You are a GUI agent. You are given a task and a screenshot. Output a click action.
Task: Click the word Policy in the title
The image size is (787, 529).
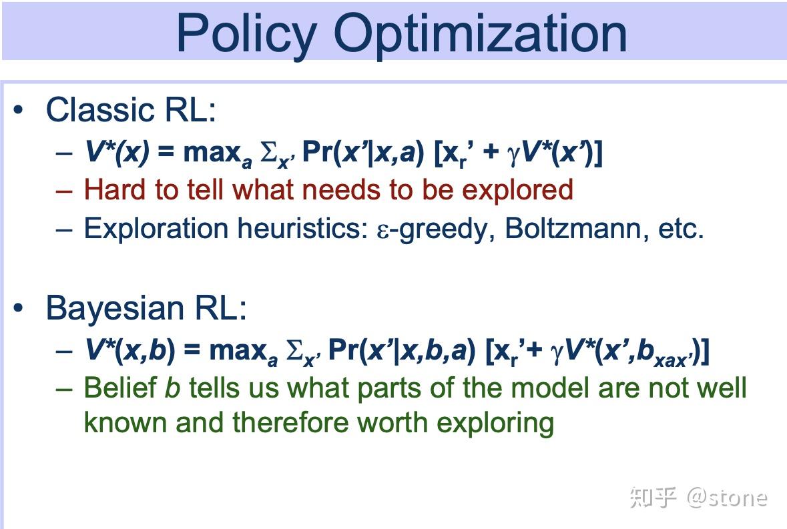tap(247, 33)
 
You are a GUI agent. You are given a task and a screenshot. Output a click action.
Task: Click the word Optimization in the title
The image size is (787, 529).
tap(481, 33)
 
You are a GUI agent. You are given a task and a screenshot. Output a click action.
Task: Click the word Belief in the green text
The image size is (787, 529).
tap(120, 388)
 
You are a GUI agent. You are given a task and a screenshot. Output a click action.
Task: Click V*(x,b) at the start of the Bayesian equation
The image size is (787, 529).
tap(129, 350)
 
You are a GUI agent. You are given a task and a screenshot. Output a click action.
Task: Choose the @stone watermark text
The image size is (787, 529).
tap(727, 498)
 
